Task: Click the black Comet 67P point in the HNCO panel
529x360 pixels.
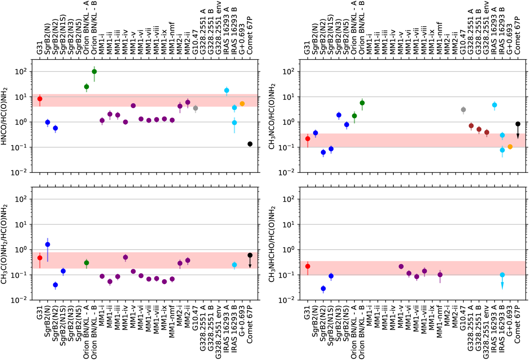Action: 250,144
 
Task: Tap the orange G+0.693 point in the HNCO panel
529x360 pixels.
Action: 242,104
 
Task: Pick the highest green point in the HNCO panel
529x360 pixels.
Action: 94,71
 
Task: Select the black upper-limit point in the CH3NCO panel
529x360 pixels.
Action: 518,124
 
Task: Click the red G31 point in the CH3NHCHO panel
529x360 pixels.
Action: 308,266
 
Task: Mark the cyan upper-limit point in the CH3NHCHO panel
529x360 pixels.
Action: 502,274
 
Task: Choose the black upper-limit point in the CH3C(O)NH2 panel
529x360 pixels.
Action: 250,255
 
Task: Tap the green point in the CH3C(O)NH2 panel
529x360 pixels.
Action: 86,262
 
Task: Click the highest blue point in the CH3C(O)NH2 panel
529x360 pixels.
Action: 48,244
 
